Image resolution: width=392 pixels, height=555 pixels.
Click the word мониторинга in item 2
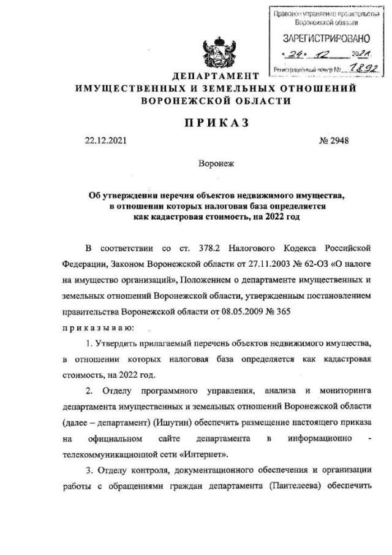pyautogui.click(x=339, y=391)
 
